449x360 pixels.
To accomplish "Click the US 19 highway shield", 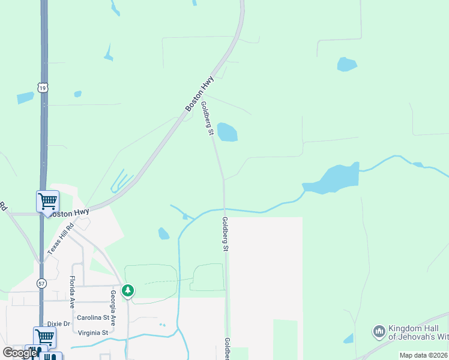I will pos(41,88).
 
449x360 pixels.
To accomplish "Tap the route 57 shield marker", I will pos(41,283).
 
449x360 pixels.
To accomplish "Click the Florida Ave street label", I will pos(72,292).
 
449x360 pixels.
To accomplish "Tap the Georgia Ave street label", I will pos(112,304).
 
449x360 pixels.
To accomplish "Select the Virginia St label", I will pos(92,332).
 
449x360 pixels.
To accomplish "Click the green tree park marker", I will pos(128,291).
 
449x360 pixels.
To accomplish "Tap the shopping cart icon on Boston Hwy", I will pos(47,201).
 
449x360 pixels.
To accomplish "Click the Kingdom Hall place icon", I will pos(378,331).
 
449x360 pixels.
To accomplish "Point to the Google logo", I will pos(19,353).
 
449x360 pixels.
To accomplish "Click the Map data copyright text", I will pos(424,355).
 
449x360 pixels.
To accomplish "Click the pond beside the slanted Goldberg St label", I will pos(227,132).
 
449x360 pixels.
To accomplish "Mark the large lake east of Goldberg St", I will pos(333,179).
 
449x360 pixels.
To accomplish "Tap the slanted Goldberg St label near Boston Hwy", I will pos(208,118).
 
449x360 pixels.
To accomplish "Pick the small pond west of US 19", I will pos(25,97).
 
